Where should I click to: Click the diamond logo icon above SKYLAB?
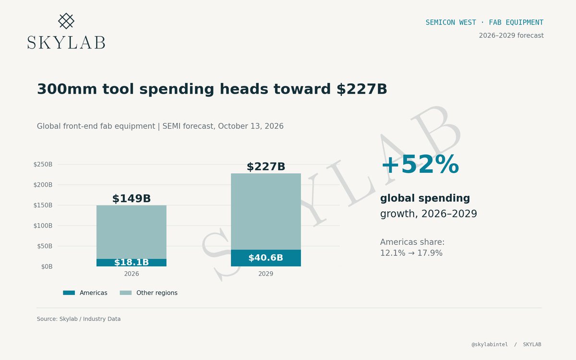(66, 21)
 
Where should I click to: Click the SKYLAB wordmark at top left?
(66, 42)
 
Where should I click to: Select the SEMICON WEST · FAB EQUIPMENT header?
(484, 23)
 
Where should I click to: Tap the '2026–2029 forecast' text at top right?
(511, 35)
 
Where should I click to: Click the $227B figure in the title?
(361, 89)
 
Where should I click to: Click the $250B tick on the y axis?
(43, 164)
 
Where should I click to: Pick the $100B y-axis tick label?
(43, 226)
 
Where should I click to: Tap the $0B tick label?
(47, 266)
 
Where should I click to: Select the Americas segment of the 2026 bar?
(132, 263)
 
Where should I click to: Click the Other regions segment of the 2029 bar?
(266, 211)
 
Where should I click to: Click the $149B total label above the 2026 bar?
(132, 199)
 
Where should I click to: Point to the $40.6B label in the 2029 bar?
(265, 257)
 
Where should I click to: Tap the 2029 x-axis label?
(265, 274)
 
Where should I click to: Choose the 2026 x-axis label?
(132, 274)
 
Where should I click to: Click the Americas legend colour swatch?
(69, 293)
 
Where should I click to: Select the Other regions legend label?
(157, 293)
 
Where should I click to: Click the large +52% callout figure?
(420, 164)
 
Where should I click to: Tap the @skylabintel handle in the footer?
(490, 344)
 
